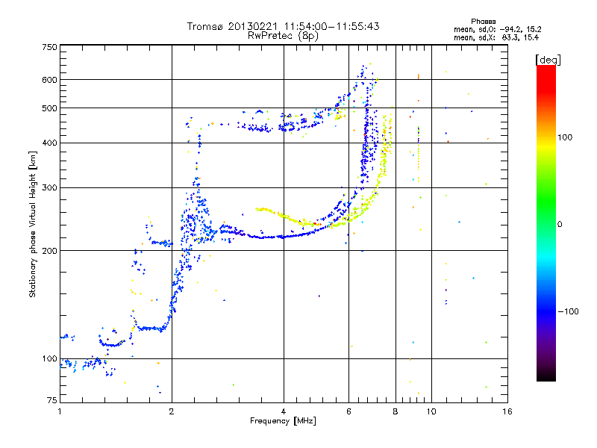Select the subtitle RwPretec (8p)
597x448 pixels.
(x=283, y=36)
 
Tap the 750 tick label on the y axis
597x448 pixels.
(x=49, y=47)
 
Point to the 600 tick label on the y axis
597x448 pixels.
(x=49, y=80)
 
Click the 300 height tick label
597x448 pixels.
(x=49, y=188)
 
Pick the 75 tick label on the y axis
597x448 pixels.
(x=51, y=400)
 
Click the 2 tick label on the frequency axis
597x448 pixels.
(x=172, y=411)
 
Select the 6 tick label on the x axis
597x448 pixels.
(x=348, y=411)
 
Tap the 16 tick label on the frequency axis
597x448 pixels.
(x=507, y=411)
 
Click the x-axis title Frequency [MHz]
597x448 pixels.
(x=283, y=421)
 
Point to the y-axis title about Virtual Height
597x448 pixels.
(x=33, y=225)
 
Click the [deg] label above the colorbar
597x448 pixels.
(x=548, y=60)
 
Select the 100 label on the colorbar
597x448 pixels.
(x=565, y=137)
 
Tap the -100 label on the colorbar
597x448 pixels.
(x=568, y=311)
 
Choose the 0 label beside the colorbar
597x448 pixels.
(x=560, y=225)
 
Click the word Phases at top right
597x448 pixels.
(x=483, y=22)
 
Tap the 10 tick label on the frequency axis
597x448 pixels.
(x=431, y=411)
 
